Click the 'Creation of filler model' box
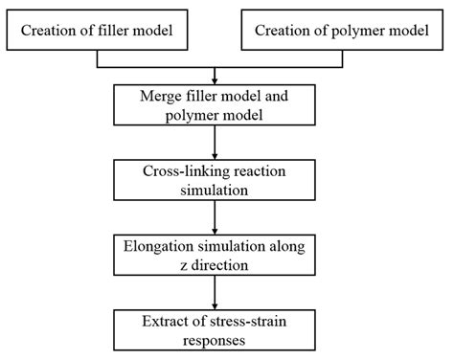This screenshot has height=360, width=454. click(x=98, y=32)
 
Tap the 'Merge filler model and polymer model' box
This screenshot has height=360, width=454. click(x=218, y=104)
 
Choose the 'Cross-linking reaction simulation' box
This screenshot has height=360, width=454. click(x=218, y=179)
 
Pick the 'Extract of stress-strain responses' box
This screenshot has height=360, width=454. click(x=218, y=327)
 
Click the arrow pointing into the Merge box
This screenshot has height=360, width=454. click(x=218, y=77)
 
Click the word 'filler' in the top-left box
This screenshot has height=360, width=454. click(x=112, y=32)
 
